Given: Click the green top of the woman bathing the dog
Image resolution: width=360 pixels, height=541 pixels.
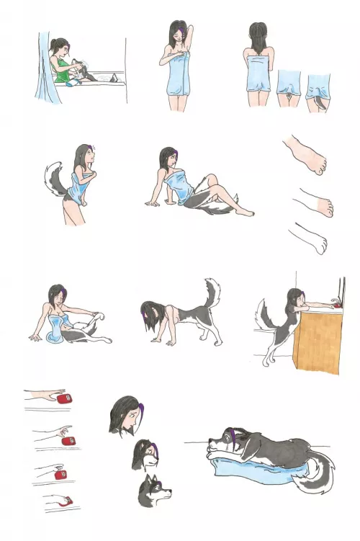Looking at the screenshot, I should pos(63,72).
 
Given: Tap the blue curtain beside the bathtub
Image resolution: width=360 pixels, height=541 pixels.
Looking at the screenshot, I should pos(45,72).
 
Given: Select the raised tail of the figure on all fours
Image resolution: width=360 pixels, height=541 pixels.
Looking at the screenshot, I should pos(212,294).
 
